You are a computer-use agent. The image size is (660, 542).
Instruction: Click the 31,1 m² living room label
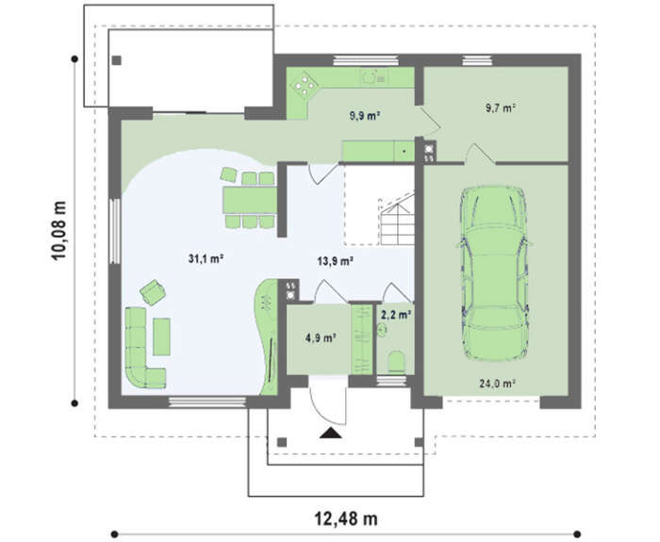click(206, 258)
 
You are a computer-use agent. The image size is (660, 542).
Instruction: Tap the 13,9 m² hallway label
click(335, 261)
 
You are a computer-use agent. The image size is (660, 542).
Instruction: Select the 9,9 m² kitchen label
click(365, 115)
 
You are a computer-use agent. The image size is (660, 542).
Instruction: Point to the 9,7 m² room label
click(501, 107)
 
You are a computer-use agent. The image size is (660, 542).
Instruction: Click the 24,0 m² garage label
click(497, 384)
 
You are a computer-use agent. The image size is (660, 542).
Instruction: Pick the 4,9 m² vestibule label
click(321, 337)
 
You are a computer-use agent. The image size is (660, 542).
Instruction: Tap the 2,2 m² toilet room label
click(396, 314)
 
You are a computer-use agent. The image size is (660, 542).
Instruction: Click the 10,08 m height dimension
click(59, 231)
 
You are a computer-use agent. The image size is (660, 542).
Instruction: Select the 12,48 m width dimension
click(346, 518)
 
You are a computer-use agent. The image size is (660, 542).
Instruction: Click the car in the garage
click(493, 273)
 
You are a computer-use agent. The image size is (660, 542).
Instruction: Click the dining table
click(250, 200)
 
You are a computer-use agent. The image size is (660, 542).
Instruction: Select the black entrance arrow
click(330, 433)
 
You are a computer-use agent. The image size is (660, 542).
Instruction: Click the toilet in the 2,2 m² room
click(396, 362)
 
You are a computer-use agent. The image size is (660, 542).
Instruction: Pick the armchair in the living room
click(153, 292)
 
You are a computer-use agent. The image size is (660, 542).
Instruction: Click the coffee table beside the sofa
click(161, 337)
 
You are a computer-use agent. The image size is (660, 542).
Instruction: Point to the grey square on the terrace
click(117, 60)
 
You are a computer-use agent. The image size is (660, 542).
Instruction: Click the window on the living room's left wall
click(114, 231)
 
